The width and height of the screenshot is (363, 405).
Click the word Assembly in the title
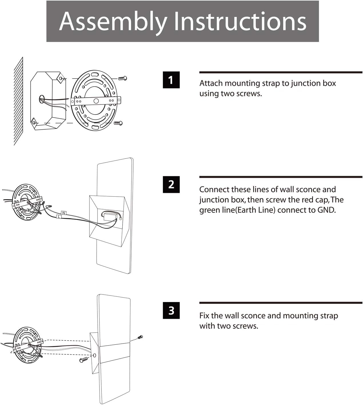pyautogui.click(x=113, y=21)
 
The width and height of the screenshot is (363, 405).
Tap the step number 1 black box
pyautogui.click(x=171, y=80)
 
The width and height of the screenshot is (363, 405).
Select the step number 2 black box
pyautogui.click(x=171, y=184)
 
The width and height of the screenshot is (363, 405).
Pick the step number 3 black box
pyautogui.click(x=171, y=311)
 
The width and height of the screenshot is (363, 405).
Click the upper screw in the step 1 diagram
pyautogui.click(x=123, y=78)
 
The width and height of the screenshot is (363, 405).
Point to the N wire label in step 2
pyautogui.click(x=64, y=213)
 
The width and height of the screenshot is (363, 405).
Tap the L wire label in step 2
pyautogui.click(x=59, y=217)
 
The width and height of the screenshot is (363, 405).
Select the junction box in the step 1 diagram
pyautogui.click(x=47, y=100)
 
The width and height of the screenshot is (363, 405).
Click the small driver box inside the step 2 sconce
pyautogui.click(x=109, y=216)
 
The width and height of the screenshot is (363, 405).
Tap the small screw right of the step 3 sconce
pyautogui.click(x=140, y=337)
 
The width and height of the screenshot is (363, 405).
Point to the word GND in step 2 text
pyautogui.click(x=326, y=210)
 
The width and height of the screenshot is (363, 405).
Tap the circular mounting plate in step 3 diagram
pyautogui.click(x=27, y=346)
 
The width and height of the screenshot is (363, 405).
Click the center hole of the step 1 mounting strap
pyautogui.click(x=96, y=101)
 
